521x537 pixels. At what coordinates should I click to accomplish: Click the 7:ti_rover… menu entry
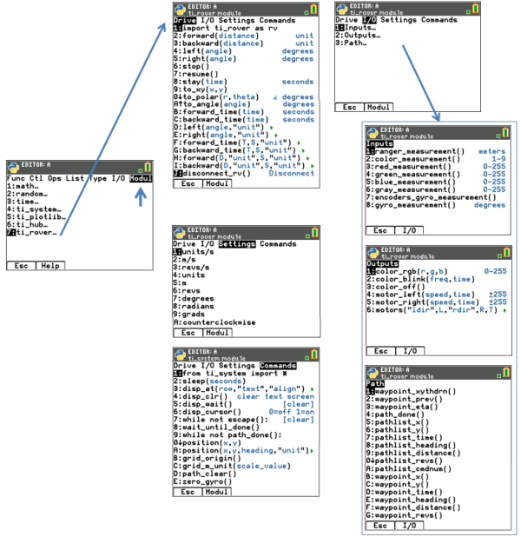(35, 233)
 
